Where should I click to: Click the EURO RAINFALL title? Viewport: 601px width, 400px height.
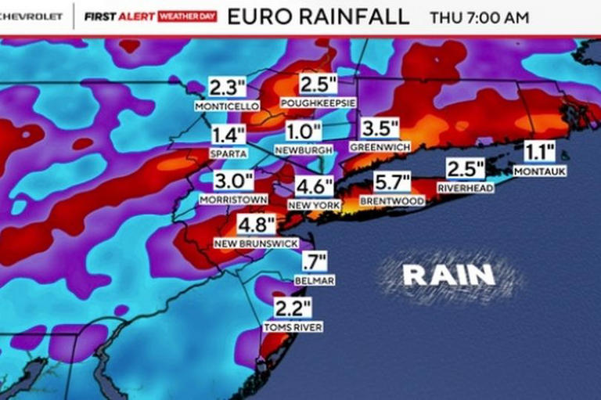click(318, 16)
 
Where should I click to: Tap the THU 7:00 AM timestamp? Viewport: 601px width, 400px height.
click(479, 17)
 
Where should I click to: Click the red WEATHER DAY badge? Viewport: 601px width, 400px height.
click(187, 16)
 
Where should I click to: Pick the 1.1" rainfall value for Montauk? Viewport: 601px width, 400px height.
click(539, 152)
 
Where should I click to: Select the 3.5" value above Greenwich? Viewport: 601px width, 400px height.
click(380, 128)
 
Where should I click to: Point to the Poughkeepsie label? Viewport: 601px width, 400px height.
click(319, 103)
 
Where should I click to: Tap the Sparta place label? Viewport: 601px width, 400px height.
click(229, 153)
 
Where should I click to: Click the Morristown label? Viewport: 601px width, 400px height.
click(233, 200)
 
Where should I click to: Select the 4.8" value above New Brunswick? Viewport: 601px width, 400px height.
click(257, 226)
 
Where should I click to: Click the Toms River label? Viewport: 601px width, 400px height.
click(293, 327)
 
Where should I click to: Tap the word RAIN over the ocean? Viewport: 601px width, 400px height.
click(449, 274)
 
